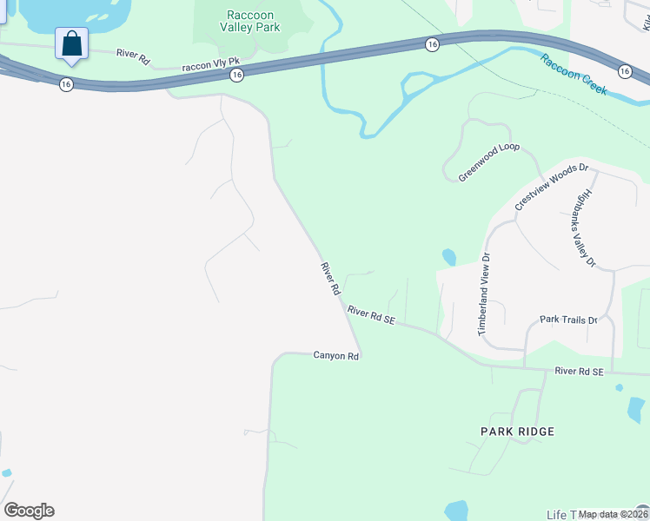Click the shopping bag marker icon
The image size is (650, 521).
pyautogui.click(x=71, y=43)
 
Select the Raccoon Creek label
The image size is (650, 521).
pyautogui.click(x=574, y=75)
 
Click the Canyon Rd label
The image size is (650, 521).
pyautogui.click(x=336, y=356)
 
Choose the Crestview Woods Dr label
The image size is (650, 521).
pyautogui.click(x=552, y=187)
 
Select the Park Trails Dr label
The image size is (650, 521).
pyautogui.click(x=569, y=320)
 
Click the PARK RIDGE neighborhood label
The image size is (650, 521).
pyautogui.click(x=518, y=432)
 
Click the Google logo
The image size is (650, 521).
pyautogui.click(x=29, y=511)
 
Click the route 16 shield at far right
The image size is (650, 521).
pyautogui.click(x=624, y=70)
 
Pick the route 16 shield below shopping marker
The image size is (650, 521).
pyautogui.click(x=66, y=83)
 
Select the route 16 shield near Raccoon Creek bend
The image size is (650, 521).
pyautogui.click(x=431, y=43)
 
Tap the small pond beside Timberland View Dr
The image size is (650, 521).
pyautogui.click(x=448, y=257)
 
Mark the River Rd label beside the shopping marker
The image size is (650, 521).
pyautogui.click(x=133, y=54)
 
